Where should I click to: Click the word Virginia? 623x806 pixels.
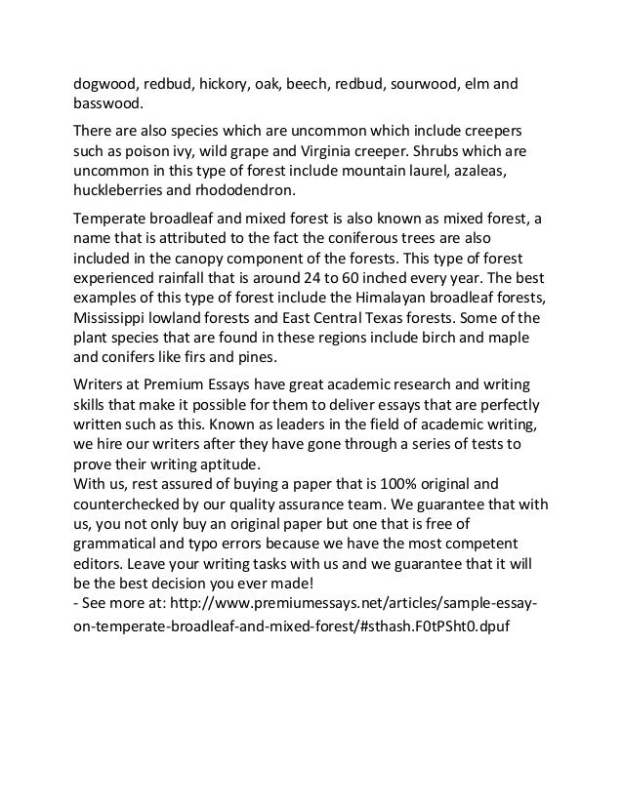(337, 151)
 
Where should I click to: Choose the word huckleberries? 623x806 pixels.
(123, 191)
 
